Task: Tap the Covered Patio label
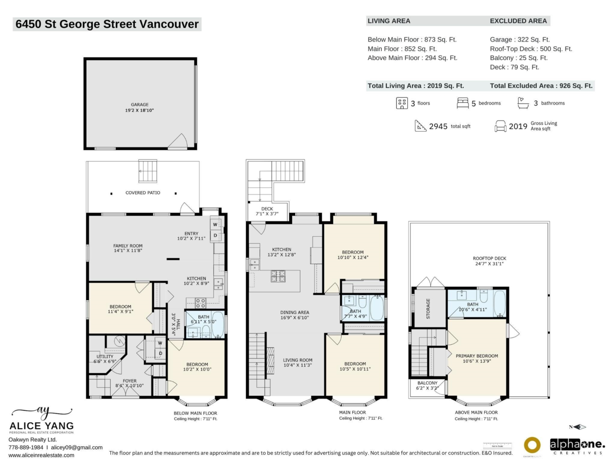tap(143, 193)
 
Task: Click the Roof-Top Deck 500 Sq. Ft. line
tap(530, 49)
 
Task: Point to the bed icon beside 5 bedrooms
tap(462, 103)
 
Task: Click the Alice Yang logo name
tap(42, 426)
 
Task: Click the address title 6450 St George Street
tap(107, 24)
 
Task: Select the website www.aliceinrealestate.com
tap(42, 455)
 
